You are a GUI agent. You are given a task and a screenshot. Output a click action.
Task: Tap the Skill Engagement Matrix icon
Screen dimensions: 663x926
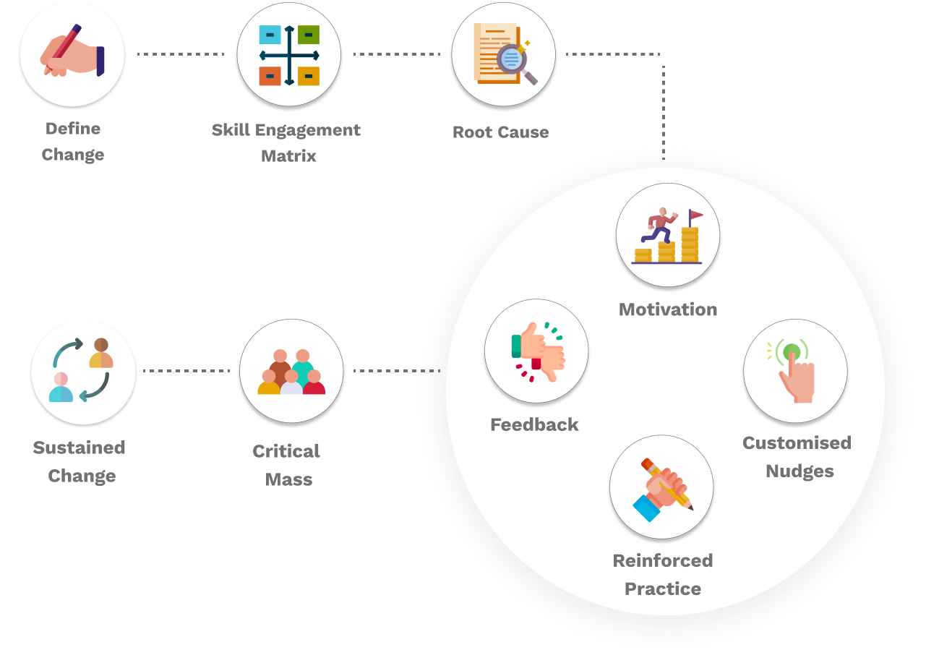289,56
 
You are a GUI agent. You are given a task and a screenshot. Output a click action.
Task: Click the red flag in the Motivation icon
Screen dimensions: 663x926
695,215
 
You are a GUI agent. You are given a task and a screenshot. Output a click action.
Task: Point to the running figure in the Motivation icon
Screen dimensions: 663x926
659,225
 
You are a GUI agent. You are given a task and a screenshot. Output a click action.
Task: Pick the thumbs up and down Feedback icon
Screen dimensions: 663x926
536,351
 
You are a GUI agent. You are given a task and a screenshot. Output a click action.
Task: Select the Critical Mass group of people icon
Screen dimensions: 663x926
291,372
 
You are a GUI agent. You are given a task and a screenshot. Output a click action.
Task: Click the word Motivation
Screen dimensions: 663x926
668,309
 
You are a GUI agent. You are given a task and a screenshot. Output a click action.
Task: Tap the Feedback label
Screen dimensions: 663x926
534,424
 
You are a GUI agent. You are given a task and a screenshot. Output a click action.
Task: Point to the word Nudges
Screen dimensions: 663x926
799,471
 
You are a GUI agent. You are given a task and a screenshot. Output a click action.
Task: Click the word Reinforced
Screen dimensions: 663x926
662,560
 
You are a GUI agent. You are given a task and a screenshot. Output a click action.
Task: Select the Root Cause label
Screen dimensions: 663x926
500,132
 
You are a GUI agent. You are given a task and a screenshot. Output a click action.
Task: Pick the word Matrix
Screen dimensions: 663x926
288,155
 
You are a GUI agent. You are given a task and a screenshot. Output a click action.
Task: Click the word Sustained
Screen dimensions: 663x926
79,448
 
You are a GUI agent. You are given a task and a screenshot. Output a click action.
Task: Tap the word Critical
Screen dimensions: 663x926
286,451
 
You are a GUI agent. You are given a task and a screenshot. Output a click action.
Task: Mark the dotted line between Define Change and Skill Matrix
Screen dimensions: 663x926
181,54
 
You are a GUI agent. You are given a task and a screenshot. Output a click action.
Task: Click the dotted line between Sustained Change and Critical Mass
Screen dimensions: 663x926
187,371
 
